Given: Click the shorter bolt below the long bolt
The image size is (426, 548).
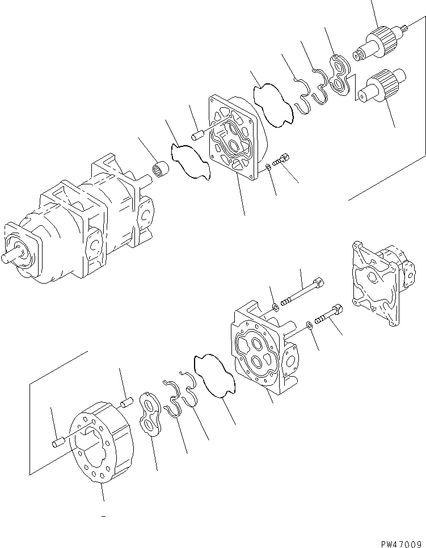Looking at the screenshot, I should point(328,315).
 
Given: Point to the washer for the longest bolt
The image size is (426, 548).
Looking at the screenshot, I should point(275,307).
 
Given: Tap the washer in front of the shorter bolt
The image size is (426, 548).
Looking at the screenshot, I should point(309,325).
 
